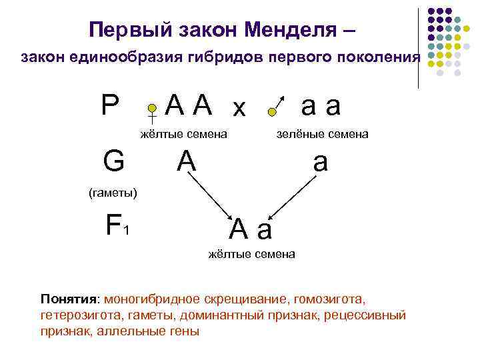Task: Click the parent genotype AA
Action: click(x=189, y=104)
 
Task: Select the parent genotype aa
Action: click(x=321, y=105)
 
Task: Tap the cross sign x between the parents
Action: click(x=239, y=108)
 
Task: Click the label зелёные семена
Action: click(x=323, y=135)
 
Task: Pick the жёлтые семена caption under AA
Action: click(x=184, y=135)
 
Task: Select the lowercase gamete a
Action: click(x=321, y=163)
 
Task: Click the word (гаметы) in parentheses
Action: click(x=113, y=193)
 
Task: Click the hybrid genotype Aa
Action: click(x=251, y=229)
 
